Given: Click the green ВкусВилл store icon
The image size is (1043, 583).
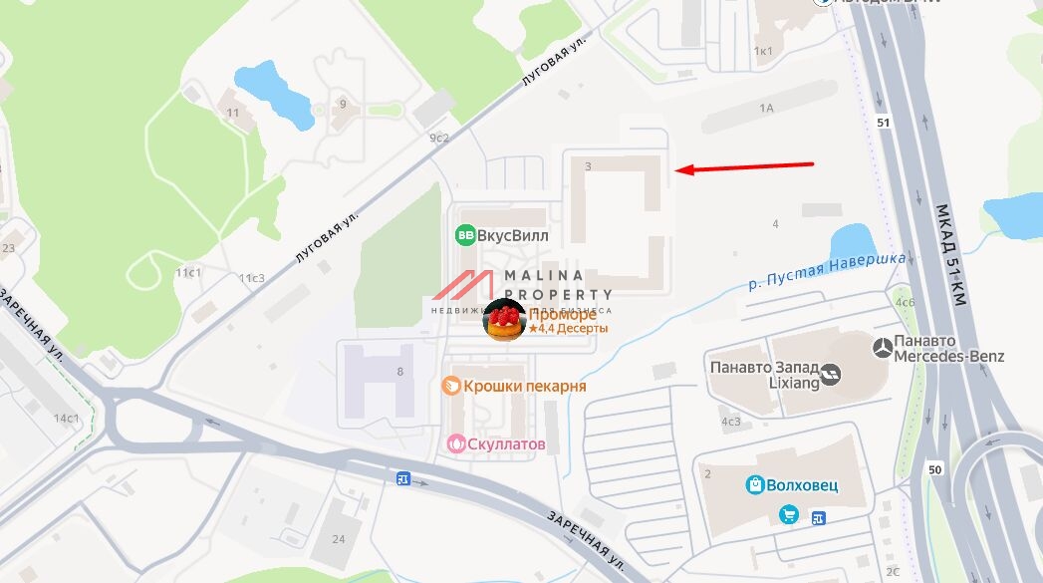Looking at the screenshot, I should pyautogui.click(x=464, y=235).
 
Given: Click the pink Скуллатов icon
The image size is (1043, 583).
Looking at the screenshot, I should pyautogui.click(x=456, y=443).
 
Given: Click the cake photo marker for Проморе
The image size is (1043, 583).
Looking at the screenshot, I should pyautogui.click(x=503, y=319).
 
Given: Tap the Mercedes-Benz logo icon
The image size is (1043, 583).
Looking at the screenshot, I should pyautogui.click(x=881, y=348).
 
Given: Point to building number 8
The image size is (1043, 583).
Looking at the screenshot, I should pyautogui.click(x=400, y=372).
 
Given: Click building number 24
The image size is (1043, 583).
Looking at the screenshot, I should pyautogui.click(x=339, y=539).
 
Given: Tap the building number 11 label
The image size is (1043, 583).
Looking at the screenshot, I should pyautogui.click(x=233, y=113).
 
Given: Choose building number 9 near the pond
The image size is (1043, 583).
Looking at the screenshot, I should pyautogui.click(x=343, y=104).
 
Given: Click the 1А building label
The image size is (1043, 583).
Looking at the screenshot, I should pyautogui.click(x=766, y=107).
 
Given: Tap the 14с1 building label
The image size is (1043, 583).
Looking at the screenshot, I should pyautogui.click(x=67, y=418).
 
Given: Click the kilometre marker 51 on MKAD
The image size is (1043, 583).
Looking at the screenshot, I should pyautogui.click(x=883, y=122).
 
